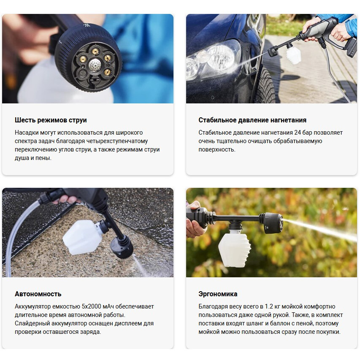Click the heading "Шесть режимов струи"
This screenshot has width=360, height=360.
(x=51, y=120)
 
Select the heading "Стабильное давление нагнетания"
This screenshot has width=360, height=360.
(x=252, y=120)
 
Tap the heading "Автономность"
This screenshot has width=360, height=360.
(x=38, y=294)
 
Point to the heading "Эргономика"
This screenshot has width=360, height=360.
(x=218, y=294)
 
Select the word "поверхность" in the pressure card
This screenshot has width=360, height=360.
(x=217, y=150)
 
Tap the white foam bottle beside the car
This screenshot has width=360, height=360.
(x=293, y=55)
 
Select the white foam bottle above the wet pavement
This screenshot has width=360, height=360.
(x=81, y=237)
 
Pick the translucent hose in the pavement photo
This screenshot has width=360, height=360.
(x=17, y=236)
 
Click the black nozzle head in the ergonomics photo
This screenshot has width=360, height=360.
(x=271, y=223)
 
